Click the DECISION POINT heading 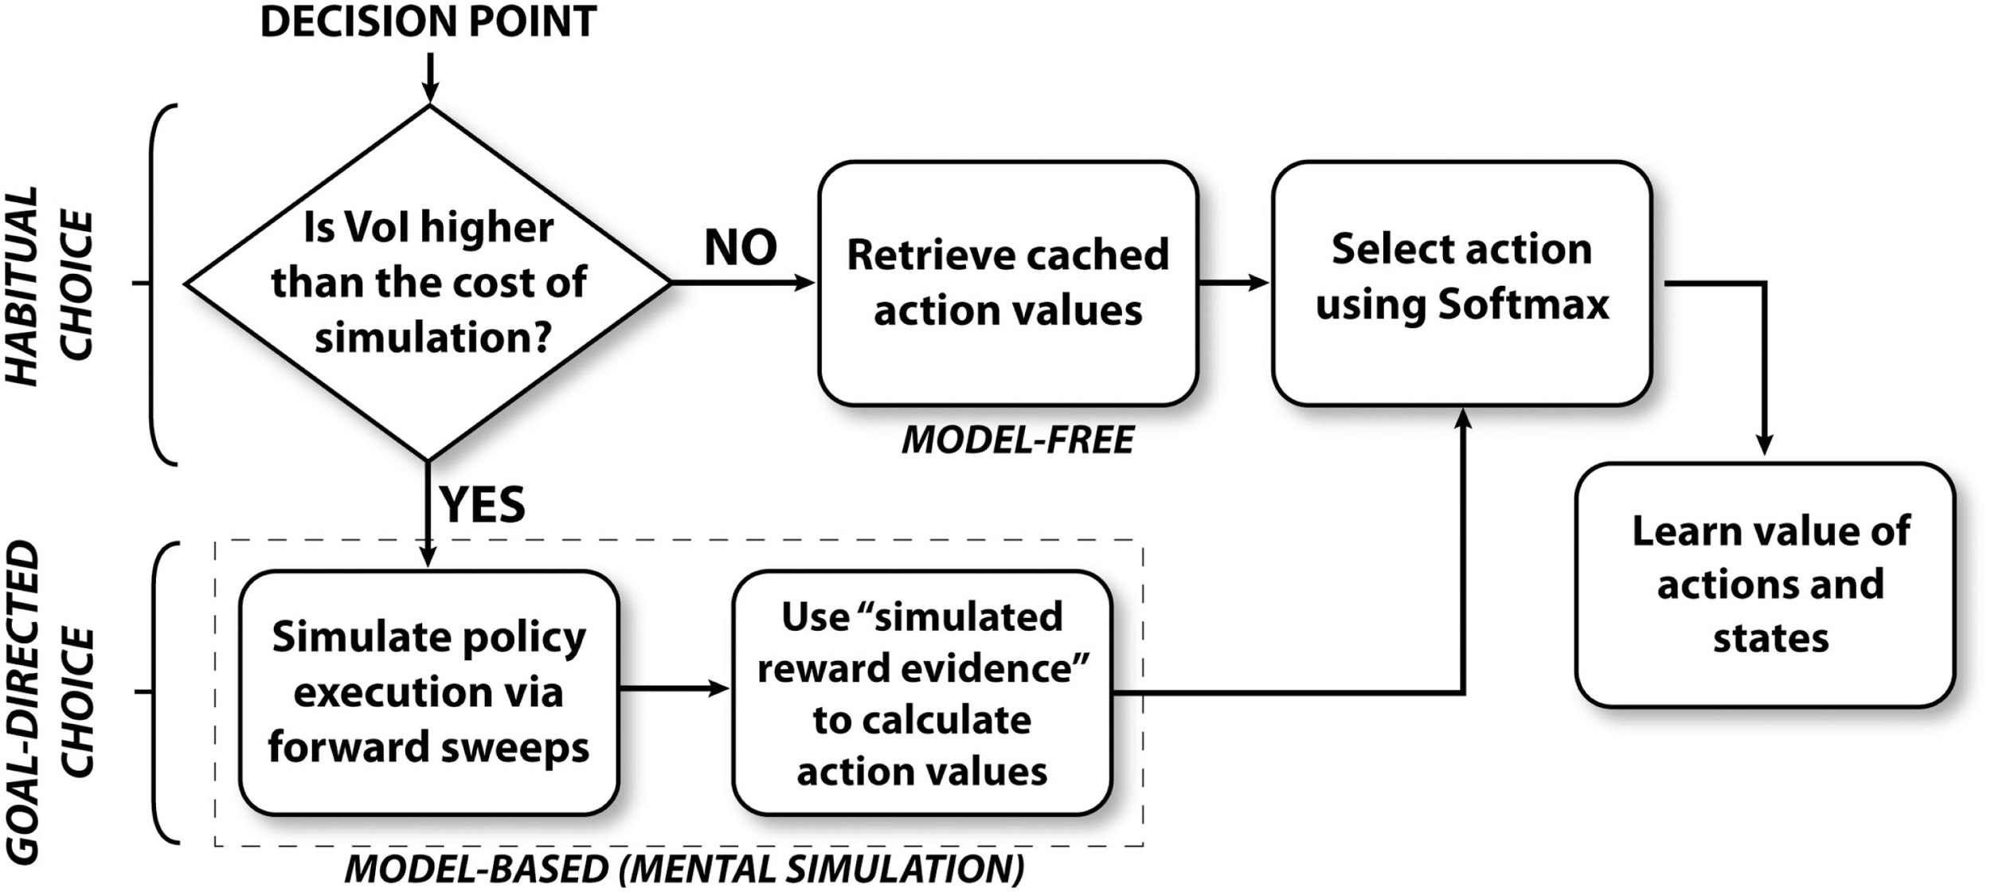428,22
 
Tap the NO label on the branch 741,248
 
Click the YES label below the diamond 483,504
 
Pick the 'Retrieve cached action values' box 1007,283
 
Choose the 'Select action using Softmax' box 1461,283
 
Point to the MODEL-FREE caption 1017,440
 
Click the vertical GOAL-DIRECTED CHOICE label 49,701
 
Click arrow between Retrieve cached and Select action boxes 1234,282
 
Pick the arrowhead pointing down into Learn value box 1765,444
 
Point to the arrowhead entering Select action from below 1463,420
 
